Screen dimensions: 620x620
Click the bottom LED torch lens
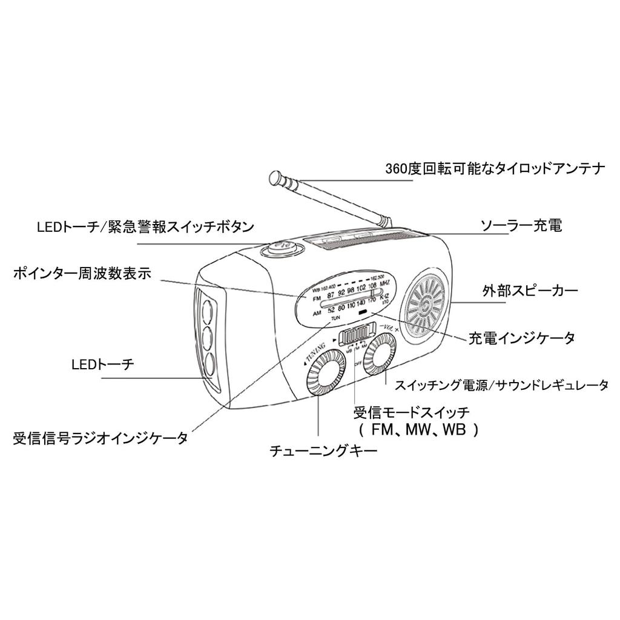click(209, 363)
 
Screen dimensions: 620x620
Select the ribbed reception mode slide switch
click(356, 335)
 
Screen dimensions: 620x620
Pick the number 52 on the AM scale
click(331, 310)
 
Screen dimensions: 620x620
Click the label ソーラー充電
click(521, 226)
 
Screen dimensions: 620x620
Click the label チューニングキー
click(324, 451)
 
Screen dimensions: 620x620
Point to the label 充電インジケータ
click(521, 338)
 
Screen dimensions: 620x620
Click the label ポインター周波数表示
click(82, 274)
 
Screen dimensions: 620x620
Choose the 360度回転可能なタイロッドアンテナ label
click(495, 169)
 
